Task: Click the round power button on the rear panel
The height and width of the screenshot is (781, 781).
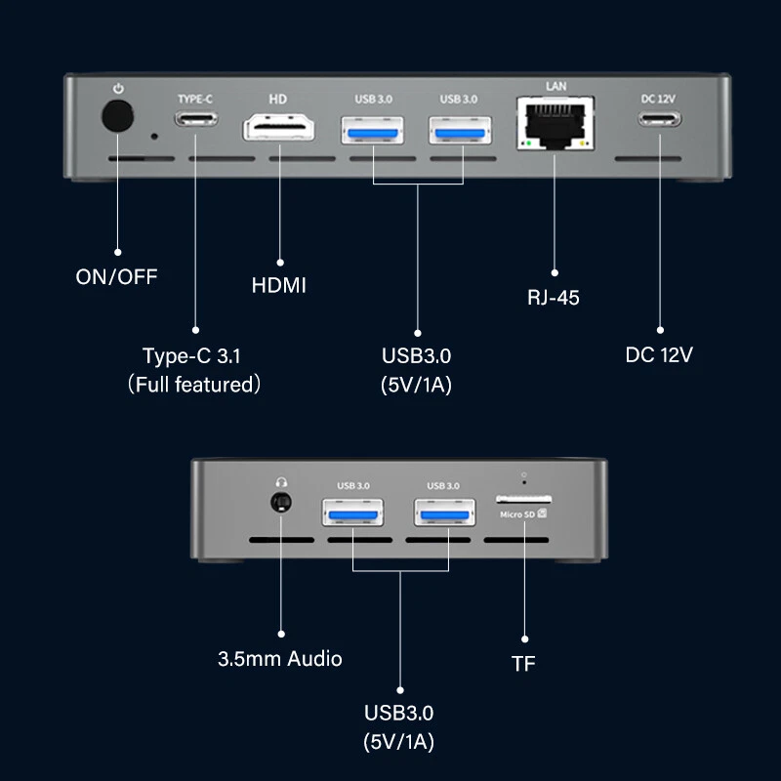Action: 117,119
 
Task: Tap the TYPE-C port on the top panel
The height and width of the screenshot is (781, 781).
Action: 195,121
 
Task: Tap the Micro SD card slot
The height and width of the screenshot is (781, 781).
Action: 524,498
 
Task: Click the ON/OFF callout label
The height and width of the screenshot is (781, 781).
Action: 116,276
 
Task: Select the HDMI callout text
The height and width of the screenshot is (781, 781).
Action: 279,285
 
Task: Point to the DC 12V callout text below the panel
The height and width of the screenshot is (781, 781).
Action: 659,354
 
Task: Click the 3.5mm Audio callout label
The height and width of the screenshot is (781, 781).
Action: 280,659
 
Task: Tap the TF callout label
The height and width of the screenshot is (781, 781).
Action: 523,664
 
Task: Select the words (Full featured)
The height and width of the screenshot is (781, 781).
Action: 194,385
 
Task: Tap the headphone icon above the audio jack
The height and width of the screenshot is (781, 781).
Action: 281,481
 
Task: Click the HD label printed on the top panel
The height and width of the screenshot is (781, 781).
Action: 276,99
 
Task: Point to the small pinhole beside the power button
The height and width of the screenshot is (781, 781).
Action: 153,135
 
